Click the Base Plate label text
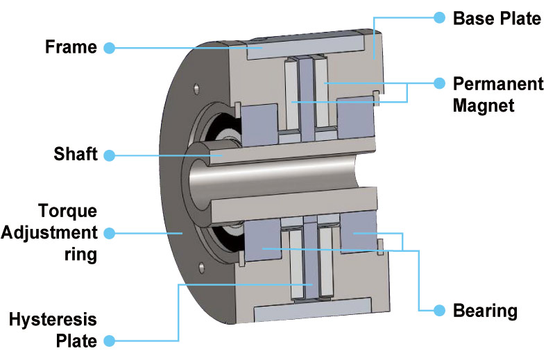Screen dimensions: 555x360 point(497,19)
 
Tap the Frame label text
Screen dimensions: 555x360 point(71,47)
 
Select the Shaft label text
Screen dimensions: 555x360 point(76,154)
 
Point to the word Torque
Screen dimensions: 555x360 point(67,212)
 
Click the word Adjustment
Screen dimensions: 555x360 point(49,233)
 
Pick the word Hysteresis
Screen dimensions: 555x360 point(53,319)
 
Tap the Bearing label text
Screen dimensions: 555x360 point(485,311)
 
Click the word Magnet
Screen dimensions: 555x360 point(484,106)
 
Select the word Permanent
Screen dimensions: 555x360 point(498,84)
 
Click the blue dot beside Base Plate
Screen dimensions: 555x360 point(439,18)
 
